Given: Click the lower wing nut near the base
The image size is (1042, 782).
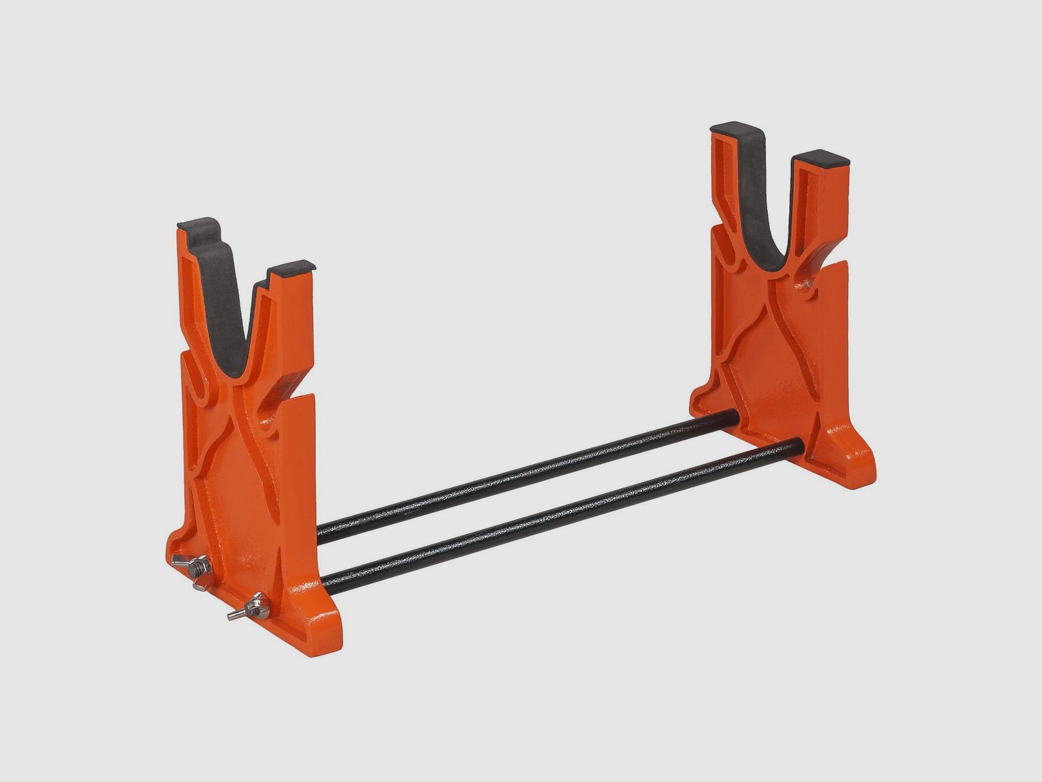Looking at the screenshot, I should (x=250, y=608).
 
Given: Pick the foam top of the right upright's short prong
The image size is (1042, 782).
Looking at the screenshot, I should (x=821, y=158).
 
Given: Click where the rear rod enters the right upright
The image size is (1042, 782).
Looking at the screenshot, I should (x=736, y=416).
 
